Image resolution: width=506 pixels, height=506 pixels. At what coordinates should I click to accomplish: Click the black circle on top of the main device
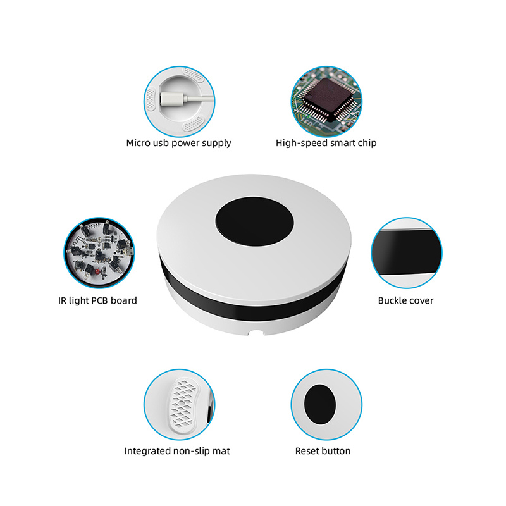pyautogui.click(x=254, y=222)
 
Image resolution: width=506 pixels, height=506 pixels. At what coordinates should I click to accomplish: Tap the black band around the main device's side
pyautogui.click(x=252, y=307)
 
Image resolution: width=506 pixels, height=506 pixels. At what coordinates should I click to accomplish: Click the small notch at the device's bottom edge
pyautogui.click(x=256, y=333)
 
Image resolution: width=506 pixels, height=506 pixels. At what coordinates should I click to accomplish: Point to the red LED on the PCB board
pyautogui.click(x=97, y=273)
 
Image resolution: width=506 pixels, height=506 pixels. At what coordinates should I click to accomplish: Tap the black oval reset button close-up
pyautogui.click(x=320, y=404)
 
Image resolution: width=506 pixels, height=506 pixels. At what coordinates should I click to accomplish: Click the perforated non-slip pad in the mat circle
pyautogui.click(x=183, y=405)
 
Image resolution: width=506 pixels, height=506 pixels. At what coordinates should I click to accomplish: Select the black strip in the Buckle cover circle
pyautogui.click(x=406, y=252)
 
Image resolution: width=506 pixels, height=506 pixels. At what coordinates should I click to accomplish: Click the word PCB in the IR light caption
pyautogui.click(x=100, y=301)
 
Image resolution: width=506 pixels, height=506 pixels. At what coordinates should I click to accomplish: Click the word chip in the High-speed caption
pyautogui.click(x=367, y=144)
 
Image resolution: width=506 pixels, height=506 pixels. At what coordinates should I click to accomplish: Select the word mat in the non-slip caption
pyautogui.click(x=221, y=451)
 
